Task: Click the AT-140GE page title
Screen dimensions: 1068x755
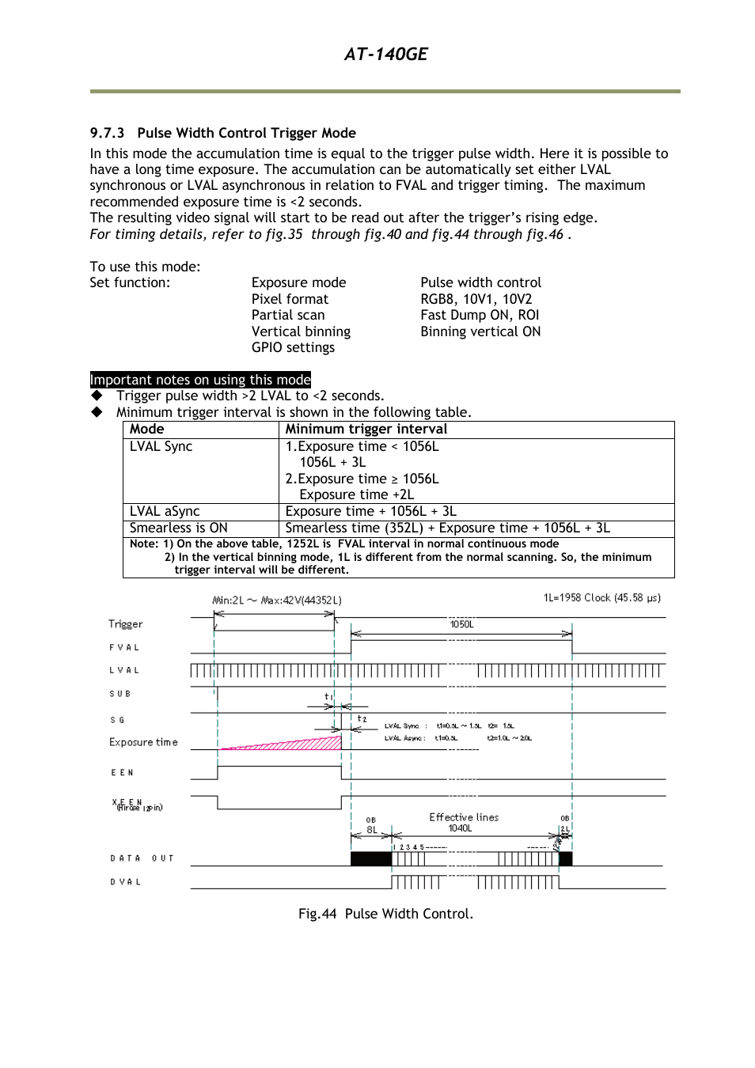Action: pyautogui.click(x=385, y=54)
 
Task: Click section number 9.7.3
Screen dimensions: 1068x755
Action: pyautogui.click(x=107, y=133)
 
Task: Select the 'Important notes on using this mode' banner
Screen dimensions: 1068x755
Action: pyautogui.click(x=200, y=380)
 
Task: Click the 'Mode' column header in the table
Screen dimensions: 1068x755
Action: pyautogui.click(x=147, y=430)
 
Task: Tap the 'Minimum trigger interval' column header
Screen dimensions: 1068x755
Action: pyautogui.click(x=366, y=430)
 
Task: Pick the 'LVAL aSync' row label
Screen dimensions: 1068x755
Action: pyautogui.click(x=165, y=512)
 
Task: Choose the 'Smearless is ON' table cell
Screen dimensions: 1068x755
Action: pyautogui.click(x=179, y=528)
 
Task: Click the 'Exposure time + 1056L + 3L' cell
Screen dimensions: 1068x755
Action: pyautogui.click(x=371, y=512)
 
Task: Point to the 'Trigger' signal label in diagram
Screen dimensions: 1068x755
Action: pyautogui.click(x=126, y=624)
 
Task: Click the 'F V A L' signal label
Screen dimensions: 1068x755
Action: pyautogui.click(x=124, y=647)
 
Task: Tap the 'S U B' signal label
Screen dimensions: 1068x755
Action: pyautogui.click(x=120, y=694)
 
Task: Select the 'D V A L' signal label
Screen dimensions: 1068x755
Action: pyautogui.click(x=126, y=882)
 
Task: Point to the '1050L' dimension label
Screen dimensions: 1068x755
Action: pyautogui.click(x=461, y=624)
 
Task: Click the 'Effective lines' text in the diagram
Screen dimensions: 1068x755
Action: pyautogui.click(x=464, y=817)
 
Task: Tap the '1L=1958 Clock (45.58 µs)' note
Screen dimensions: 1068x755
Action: pyautogui.click(x=601, y=598)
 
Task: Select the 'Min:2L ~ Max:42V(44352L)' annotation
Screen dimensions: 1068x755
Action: pyautogui.click(x=277, y=600)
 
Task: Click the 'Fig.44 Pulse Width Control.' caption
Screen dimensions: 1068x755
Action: pyautogui.click(x=385, y=914)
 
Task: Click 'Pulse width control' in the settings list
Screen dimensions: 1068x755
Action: pyautogui.click(x=480, y=283)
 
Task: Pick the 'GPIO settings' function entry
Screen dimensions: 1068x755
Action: pyautogui.click(x=293, y=348)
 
